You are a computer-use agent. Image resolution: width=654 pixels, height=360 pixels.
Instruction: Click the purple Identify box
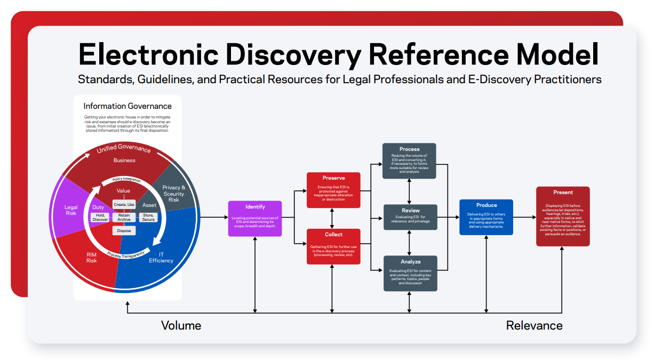255,219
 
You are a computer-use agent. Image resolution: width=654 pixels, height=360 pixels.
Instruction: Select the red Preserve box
333,190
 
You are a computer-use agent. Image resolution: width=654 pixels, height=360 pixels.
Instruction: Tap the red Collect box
333,246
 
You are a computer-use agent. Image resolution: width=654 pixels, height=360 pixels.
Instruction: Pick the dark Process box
410,161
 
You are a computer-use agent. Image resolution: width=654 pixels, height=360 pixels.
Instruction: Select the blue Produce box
486,217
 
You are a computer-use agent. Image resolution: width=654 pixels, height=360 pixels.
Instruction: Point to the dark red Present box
563,216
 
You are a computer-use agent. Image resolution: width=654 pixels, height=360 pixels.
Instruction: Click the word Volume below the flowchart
181,325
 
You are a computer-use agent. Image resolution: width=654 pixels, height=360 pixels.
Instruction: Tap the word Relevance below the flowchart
534,325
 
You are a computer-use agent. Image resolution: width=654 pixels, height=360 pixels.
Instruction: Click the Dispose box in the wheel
124,231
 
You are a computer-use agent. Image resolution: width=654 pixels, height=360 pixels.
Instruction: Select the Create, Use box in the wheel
124,205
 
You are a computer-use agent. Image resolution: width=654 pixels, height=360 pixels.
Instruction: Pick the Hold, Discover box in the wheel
100,217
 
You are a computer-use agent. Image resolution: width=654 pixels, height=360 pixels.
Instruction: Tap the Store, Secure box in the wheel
148,217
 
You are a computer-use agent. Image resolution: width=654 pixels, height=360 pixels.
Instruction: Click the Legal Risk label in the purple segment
71,210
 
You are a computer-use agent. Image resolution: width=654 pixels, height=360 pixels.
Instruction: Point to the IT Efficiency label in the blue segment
161,258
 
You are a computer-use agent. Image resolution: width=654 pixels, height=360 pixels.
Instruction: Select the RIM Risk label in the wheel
92,258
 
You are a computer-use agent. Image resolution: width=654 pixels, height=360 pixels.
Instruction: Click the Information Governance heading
127,106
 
